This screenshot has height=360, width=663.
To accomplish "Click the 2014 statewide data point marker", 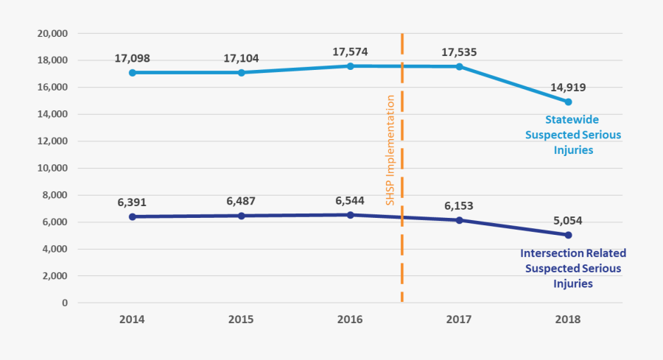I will click(132, 73).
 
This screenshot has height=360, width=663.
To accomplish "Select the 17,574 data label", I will click(350, 52).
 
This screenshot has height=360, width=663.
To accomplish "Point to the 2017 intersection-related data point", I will click(459, 220).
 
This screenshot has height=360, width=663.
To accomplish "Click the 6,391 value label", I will click(132, 203).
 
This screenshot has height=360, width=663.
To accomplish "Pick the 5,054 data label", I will click(568, 220).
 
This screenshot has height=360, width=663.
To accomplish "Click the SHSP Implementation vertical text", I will click(391, 149).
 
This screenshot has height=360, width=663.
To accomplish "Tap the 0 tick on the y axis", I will click(65, 303).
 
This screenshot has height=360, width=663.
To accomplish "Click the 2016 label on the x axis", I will click(350, 320).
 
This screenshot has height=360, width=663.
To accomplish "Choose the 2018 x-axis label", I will click(568, 320).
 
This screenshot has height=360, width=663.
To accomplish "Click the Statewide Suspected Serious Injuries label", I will click(572, 134).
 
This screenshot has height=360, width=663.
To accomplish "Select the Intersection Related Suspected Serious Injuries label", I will click(572, 268).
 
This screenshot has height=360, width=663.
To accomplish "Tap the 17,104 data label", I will click(241, 59).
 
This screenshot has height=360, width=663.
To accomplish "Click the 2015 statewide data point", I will click(241, 73).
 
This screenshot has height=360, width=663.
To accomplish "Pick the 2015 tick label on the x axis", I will click(241, 320).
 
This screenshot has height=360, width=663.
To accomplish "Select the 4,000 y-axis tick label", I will click(55, 249).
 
